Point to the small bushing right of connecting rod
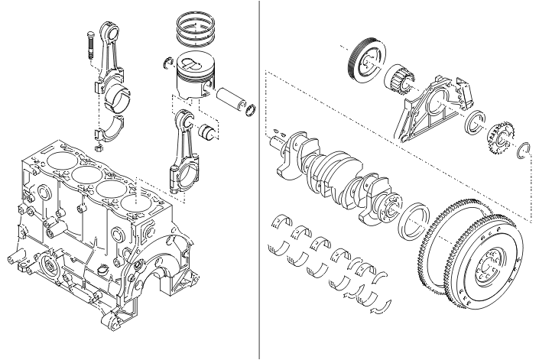point(206,131)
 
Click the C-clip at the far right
point(524,151)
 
